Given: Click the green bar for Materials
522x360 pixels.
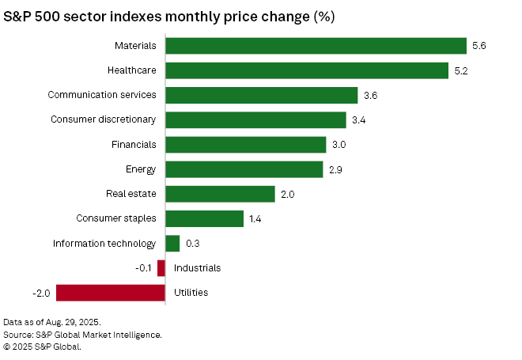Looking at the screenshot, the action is (316, 46).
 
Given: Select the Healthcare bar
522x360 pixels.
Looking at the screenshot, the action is (307, 70).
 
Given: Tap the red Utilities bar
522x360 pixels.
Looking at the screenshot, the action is (111, 293).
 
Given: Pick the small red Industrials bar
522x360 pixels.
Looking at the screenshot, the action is (161, 268).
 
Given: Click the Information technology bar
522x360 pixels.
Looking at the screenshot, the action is (172, 244).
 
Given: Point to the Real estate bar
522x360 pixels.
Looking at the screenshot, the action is (220, 194).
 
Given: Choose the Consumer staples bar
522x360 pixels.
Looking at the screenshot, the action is (204, 219).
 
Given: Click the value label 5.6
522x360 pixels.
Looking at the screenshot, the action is (479, 46).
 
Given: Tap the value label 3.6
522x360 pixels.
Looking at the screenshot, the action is (370, 96).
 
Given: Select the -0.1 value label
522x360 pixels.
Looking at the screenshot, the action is (143, 268).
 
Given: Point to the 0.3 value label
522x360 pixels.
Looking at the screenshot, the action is (193, 244).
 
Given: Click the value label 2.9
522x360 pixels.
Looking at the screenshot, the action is (335, 170).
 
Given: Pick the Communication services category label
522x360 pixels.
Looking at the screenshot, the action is (102, 95).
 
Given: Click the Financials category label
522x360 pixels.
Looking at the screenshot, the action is (134, 145).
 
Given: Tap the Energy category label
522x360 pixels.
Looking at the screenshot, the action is (141, 169).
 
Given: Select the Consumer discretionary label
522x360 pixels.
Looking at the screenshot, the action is (103, 119).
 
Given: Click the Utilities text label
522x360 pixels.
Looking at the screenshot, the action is (191, 293).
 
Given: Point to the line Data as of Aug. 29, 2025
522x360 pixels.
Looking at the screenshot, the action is (52, 322).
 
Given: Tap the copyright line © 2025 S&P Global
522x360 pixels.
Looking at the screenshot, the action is (42, 347).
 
